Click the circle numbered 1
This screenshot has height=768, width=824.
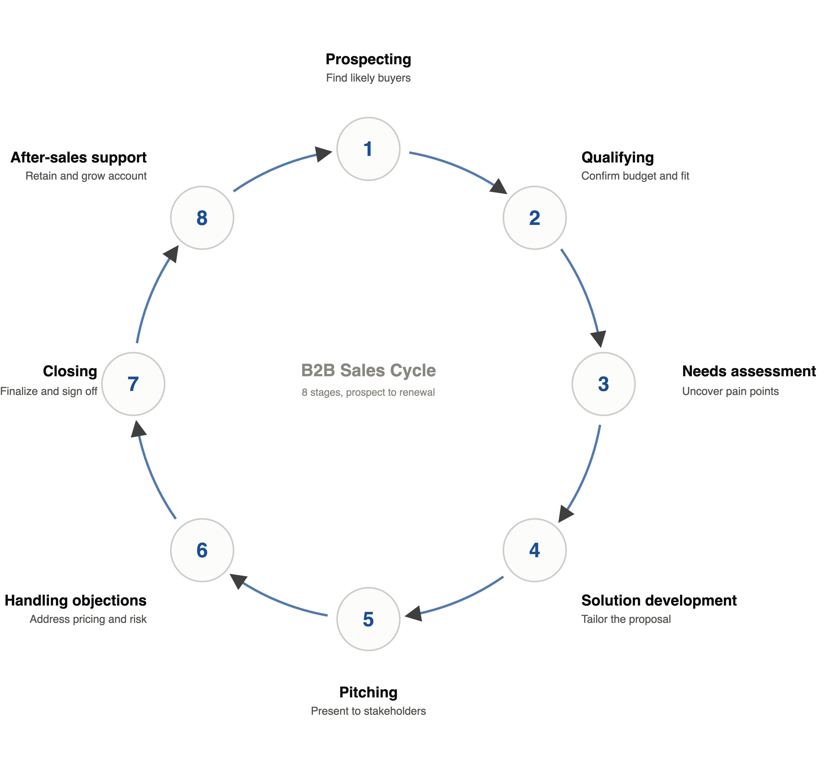368,149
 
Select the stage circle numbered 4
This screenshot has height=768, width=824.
534,550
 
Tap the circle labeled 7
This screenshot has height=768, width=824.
133,384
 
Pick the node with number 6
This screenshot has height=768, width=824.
202,550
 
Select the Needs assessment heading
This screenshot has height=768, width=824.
749,371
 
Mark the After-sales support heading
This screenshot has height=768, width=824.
78,157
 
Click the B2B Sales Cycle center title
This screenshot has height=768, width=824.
368,370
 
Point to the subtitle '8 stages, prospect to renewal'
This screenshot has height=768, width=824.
368,392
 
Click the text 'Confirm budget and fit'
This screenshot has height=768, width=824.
635,176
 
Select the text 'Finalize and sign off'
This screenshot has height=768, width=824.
49,391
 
